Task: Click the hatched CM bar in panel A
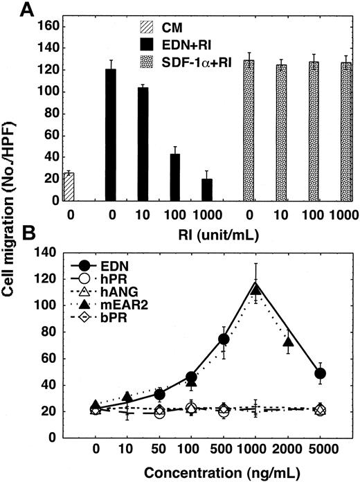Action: click(68, 186)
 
